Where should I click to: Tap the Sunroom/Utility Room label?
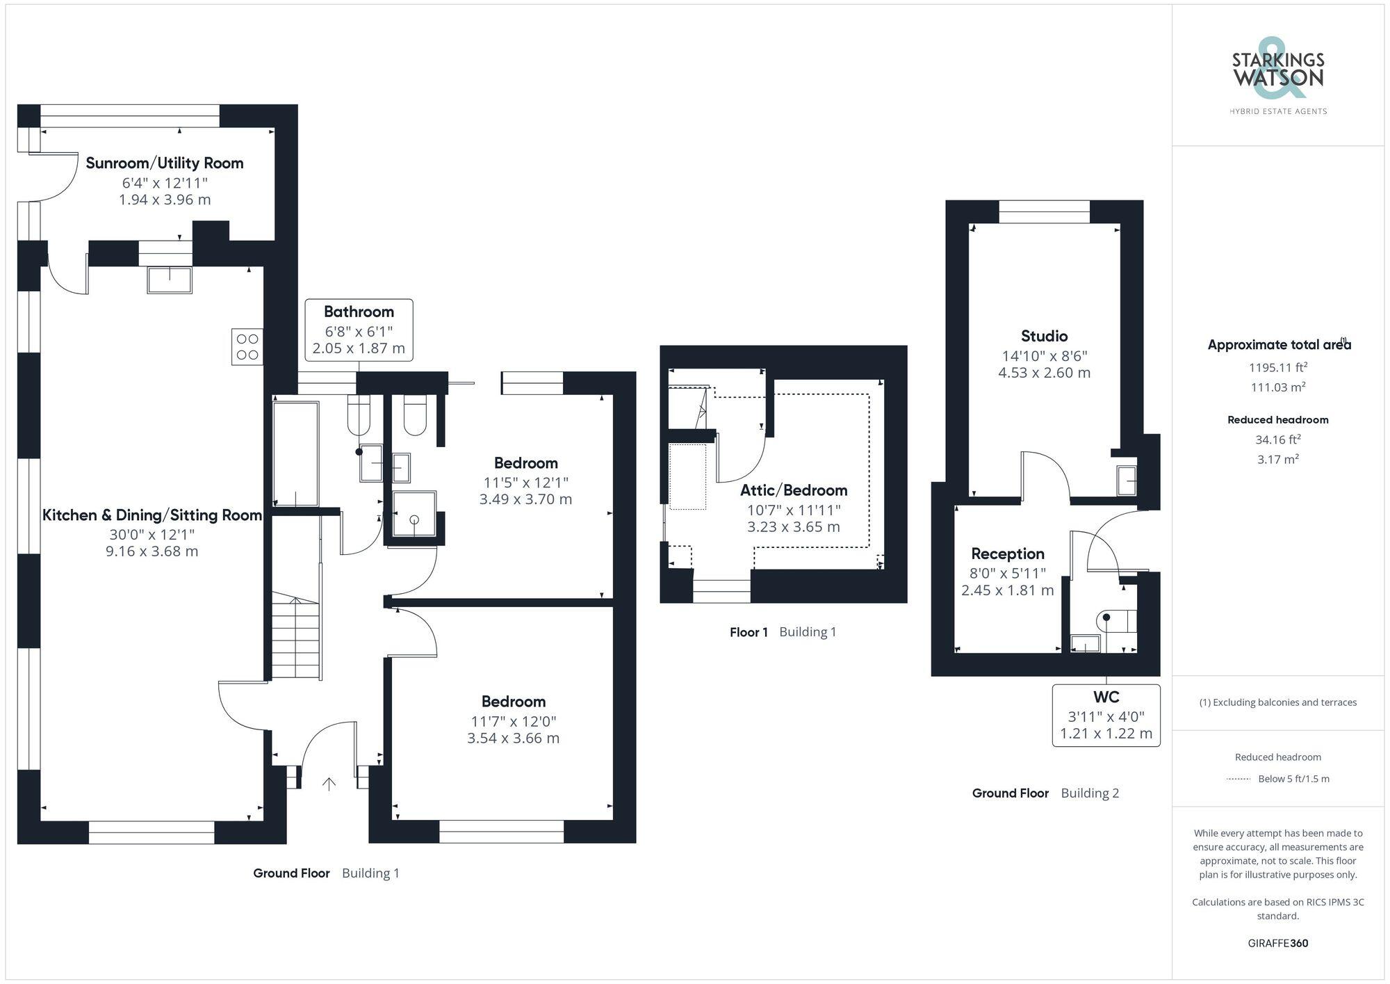165,163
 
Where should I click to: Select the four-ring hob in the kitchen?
247,347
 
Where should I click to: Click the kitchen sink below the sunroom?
170,280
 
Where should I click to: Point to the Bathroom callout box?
359,330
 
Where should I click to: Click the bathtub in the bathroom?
296,454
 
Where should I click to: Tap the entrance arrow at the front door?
329,784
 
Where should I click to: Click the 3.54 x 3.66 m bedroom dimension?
513,739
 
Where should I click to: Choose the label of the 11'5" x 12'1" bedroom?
525,463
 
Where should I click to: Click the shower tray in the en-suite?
414,514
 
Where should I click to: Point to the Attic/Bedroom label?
794,490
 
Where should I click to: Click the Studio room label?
1044,337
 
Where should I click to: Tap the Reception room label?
1008,554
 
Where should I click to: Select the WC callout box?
1106,715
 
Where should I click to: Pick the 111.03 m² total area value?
1277,387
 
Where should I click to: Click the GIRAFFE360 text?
1277,943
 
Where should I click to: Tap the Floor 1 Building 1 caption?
783,632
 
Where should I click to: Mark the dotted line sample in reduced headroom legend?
1239,779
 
